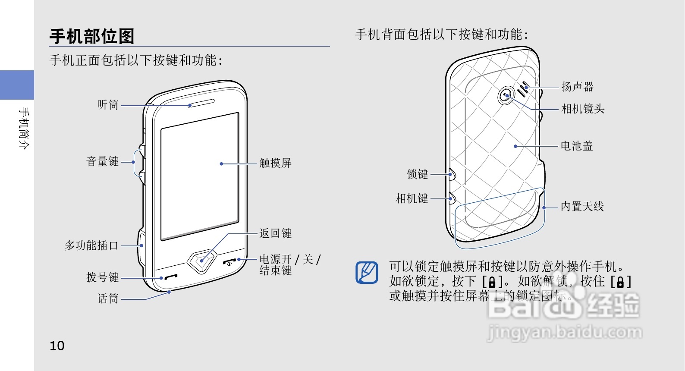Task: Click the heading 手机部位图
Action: tap(92, 36)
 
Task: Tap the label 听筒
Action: tap(108, 105)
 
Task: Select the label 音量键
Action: tap(103, 162)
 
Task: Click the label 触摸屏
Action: tap(275, 163)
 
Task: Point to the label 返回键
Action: tap(275, 233)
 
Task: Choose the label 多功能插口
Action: tap(91, 245)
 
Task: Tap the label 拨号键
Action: tap(103, 277)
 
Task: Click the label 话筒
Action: tap(108, 299)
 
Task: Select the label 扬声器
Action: tap(577, 87)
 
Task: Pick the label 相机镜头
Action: tap(583, 109)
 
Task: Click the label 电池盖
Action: tap(577, 146)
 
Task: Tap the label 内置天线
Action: tap(582, 207)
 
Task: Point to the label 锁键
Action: tap(418, 174)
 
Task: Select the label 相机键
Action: tap(412, 198)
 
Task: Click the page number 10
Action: tap(57, 346)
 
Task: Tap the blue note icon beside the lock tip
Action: tap(367, 273)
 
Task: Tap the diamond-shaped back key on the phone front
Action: tap(201, 261)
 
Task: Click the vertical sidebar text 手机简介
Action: tap(24, 128)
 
